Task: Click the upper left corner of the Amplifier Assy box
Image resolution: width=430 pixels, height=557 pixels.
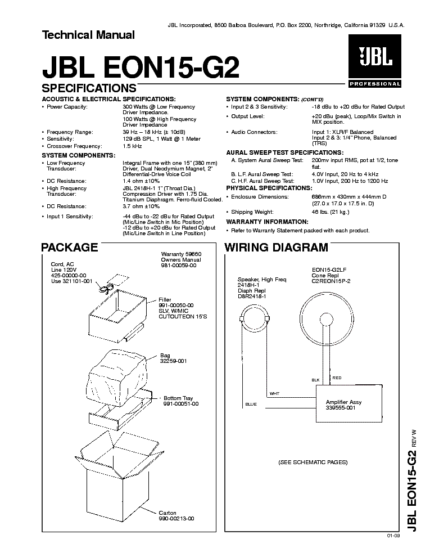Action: [x=316, y=387]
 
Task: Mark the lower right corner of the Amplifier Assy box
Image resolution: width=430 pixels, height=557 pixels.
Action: [x=382, y=422]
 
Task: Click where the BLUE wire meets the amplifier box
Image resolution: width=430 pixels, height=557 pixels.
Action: [x=316, y=407]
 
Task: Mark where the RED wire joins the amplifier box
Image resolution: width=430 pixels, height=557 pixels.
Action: [x=330, y=387]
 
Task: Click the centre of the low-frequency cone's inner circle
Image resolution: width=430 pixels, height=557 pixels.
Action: [x=327, y=318]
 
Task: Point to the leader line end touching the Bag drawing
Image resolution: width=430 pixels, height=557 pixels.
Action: [x=146, y=360]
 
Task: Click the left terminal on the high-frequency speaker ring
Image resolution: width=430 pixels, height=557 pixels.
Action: [x=242, y=319]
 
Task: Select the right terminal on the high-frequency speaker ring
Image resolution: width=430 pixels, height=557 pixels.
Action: [x=267, y=319]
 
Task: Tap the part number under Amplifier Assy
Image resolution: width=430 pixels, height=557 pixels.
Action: [x=341, y=408]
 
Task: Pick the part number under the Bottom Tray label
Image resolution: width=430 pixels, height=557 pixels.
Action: [x=181, y=404]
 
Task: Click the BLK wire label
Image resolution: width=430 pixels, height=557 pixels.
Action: [x=316, y=380]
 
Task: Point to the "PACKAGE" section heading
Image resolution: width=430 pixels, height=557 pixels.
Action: [x=70, y=247]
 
